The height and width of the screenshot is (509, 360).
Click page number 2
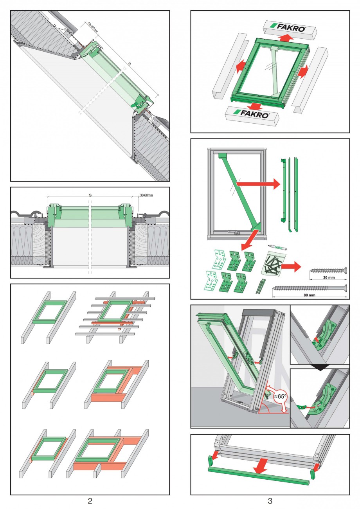90,500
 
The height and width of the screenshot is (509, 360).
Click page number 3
270,500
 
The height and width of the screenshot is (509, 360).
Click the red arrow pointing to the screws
291,267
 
